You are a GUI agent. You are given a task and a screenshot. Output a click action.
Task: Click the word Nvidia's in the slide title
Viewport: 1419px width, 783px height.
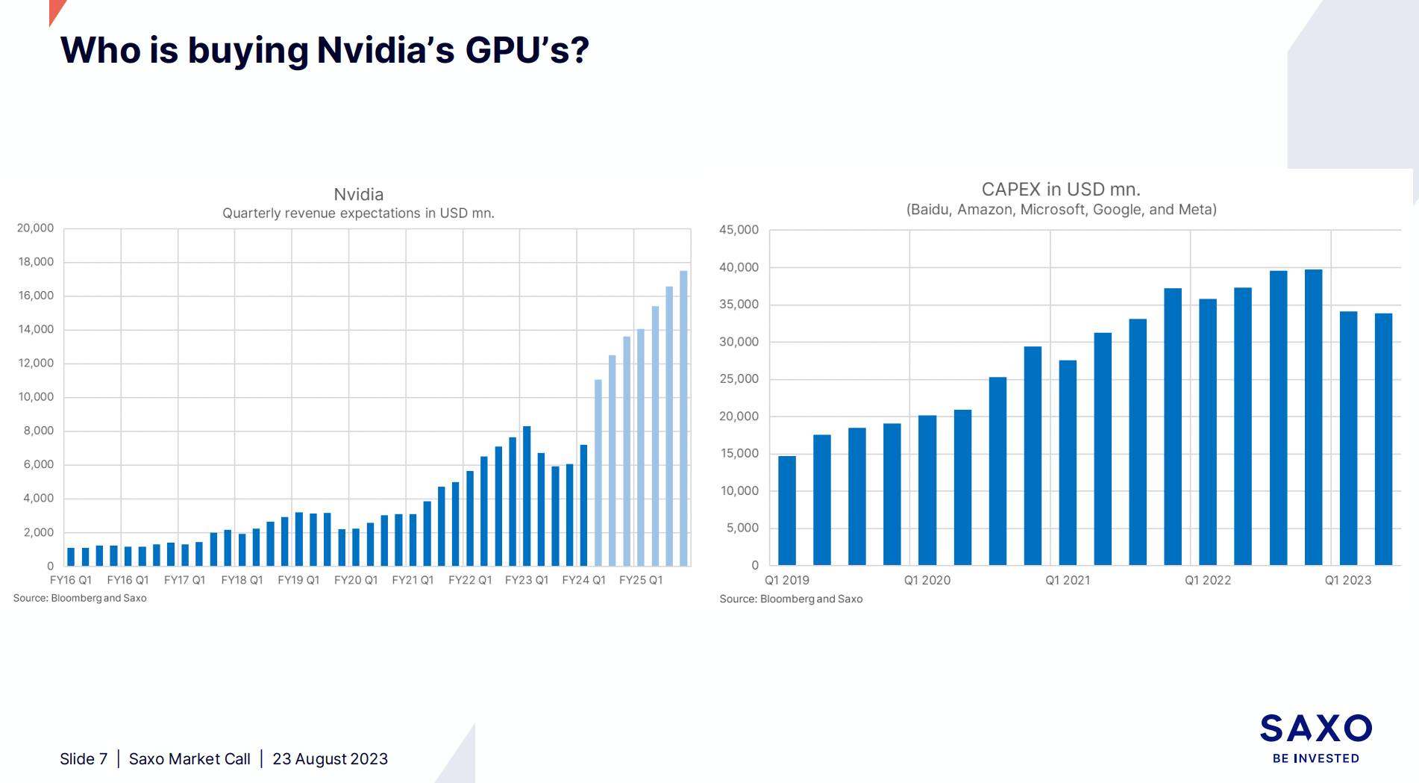385,51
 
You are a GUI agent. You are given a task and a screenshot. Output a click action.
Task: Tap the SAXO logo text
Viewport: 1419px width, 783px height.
1315,729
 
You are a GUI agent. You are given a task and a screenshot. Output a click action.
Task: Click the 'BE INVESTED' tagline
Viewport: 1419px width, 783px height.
1315,758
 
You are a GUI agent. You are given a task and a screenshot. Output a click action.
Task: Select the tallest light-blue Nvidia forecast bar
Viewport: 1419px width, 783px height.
683,418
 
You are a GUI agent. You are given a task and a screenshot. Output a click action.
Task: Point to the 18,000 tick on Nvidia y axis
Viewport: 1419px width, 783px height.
36,262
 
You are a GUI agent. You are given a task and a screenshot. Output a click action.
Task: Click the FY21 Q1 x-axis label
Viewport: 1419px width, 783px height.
413,580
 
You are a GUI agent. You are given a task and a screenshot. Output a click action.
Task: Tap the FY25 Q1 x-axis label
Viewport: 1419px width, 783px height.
640,580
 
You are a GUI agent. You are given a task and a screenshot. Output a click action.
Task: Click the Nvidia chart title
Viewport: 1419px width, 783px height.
358,194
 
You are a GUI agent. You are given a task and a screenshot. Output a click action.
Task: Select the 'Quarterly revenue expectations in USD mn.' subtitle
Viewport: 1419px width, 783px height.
358,213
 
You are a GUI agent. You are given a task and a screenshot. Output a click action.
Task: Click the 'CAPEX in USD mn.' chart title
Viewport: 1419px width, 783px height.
1060,190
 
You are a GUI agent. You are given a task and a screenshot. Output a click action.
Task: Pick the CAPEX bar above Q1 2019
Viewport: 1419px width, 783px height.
787,511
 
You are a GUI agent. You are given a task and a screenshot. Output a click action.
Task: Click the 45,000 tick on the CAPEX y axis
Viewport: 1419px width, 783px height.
739,230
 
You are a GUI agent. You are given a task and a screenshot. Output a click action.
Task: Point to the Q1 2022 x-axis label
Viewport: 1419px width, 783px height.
1207,580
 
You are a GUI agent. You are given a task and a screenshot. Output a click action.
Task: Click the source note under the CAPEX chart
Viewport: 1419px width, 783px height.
791,599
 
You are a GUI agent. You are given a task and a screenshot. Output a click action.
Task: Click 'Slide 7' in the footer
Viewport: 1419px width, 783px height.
84,759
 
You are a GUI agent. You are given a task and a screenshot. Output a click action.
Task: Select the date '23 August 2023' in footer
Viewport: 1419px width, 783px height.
330,759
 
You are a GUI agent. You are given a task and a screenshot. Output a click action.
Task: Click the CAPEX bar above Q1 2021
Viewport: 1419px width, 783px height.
1068,463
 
